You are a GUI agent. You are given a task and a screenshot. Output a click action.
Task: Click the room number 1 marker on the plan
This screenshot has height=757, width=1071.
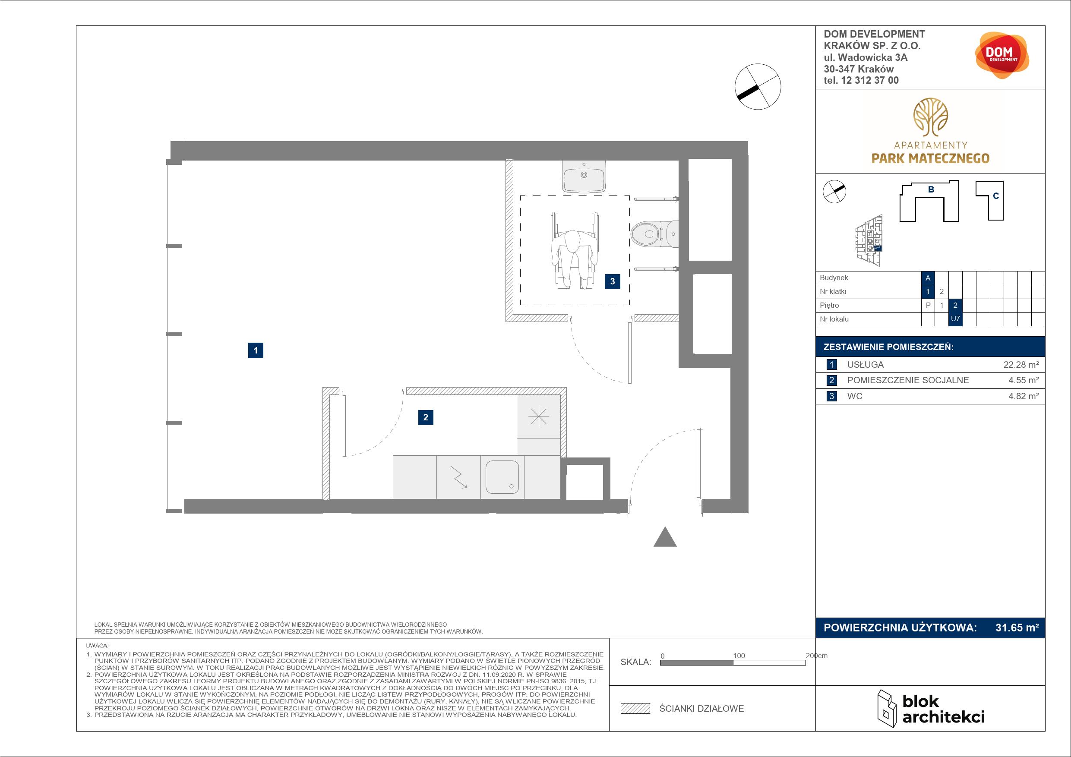[x=256, y=350]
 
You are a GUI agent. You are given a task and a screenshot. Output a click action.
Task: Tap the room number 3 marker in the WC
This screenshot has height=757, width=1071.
[x=613, y=281]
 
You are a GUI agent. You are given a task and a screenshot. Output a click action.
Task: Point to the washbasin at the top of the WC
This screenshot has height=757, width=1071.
[x=584, y=177]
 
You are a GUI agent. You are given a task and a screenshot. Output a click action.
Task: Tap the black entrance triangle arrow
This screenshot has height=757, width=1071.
[x=665, y=537]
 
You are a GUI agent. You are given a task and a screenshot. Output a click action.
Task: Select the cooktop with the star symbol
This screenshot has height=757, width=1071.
[x=539, y=416]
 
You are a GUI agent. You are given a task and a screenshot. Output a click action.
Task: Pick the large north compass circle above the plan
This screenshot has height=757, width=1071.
[x=758, y=87]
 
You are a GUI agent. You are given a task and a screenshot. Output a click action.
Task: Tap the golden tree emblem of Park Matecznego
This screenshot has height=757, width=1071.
[x=930, y=117]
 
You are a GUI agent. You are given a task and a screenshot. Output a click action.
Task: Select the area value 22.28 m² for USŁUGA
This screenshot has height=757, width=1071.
[x=1021, y=365]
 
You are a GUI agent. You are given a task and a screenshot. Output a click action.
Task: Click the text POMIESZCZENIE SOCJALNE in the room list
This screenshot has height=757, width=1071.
[x=908, y=380]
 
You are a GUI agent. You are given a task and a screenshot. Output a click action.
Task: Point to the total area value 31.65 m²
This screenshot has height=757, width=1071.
[x=1017, y=628]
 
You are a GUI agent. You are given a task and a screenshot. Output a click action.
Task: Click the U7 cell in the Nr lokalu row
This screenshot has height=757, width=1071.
[x=955, y=319]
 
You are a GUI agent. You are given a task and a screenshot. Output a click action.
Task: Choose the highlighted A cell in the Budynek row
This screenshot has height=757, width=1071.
[x=928, y=278]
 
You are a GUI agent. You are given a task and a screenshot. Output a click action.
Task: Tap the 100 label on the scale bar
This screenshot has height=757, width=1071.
[x=739, y=655]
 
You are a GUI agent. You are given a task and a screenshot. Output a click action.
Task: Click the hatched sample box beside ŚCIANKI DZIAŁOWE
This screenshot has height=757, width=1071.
[x=635, y=709]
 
